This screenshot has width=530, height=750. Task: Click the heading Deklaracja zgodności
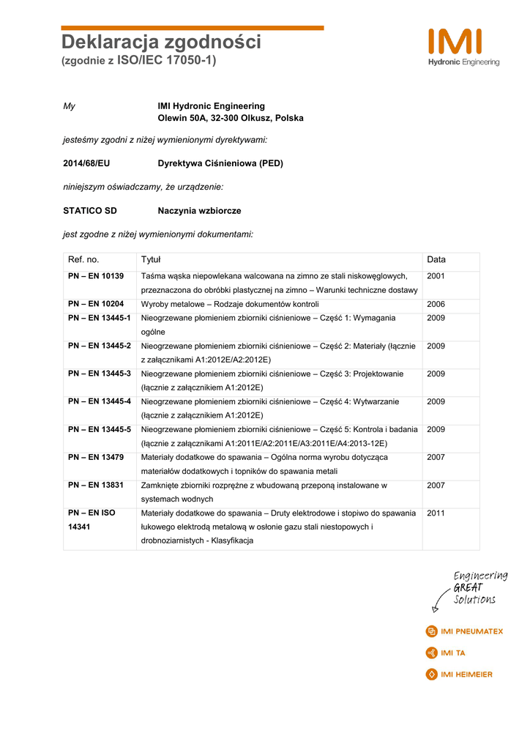[x=161, y=42]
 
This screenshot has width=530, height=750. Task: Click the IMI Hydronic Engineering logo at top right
[x=464, y=48]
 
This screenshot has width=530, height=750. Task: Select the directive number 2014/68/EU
[x=86, y=163]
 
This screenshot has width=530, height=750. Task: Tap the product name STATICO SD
[x=90, y=211]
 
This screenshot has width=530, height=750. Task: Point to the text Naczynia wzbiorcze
[x=199, y=211]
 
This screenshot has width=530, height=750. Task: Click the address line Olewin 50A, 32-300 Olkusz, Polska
[x=231, y=118]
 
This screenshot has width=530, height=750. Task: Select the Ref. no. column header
[x=83, y=260]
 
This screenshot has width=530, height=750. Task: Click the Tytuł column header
[x=151, y=260]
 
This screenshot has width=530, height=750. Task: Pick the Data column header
[x=436, y=260]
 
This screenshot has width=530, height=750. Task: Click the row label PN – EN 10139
[x=96, y=276]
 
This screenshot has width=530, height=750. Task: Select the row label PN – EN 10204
[x=96, y=304]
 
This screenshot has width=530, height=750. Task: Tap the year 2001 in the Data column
[x=436, y=276]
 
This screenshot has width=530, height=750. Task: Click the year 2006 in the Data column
[x=436, y=304]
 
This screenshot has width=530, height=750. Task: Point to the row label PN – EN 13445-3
[x=100, y=374]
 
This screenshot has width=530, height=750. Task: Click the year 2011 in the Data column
[x=436, y=513]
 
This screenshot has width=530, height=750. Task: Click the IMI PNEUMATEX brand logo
[x=464, y=631]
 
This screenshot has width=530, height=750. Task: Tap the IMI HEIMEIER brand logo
[x=459, y=675]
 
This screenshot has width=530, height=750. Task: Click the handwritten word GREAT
[x=468, y=588]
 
